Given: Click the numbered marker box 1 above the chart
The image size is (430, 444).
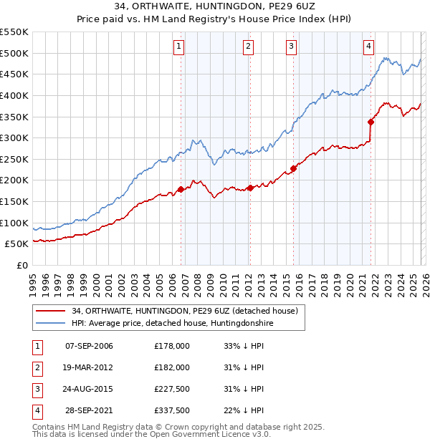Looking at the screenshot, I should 178,47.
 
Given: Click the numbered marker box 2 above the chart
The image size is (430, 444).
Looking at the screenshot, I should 248,47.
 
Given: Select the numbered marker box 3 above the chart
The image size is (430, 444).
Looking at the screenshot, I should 292,47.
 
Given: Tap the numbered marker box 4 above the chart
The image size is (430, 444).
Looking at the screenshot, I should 368,47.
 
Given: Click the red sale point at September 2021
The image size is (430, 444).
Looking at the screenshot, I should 371,122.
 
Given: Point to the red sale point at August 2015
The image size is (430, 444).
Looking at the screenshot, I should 294,169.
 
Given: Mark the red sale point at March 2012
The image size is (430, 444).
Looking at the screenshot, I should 250,188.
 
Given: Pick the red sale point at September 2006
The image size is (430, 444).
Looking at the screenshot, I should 181,190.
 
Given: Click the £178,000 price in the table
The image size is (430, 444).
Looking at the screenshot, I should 171,346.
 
